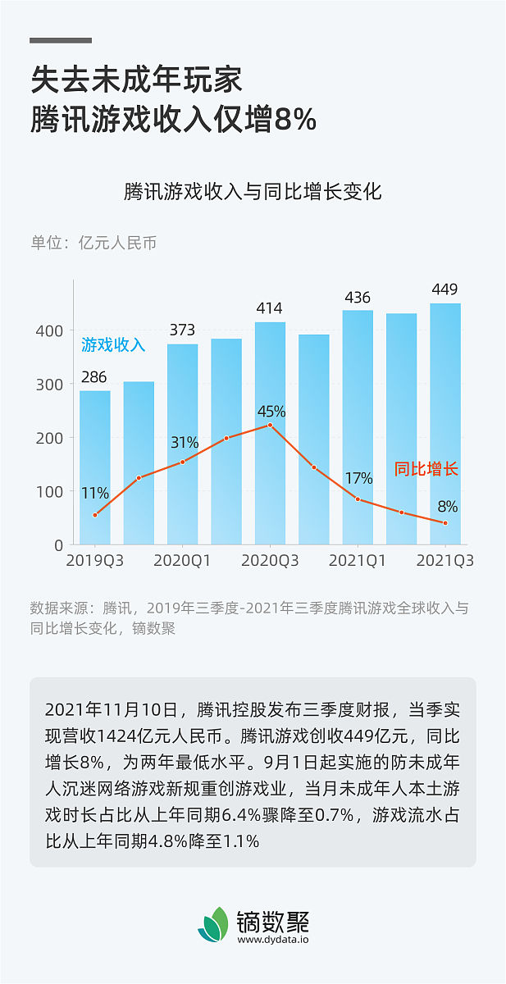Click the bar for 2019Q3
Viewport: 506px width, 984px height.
[x=95, y=467]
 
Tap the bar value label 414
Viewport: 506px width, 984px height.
[x=269, y=309]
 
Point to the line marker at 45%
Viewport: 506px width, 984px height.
[x=270, y=425]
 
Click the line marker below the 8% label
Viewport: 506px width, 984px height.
[x=445, y=523]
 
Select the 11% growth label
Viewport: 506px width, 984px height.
[x=95, y=494]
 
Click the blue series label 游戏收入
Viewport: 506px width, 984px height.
[x=113, y=345]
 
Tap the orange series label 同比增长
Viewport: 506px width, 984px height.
[x=426, y=470]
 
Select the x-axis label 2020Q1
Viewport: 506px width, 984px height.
[x=182, y=562]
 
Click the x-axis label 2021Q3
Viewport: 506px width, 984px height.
[x=445, y=562]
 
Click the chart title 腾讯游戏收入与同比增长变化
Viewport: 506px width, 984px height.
[x=253, y=193]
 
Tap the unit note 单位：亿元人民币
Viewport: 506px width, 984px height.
[x=93, y=243]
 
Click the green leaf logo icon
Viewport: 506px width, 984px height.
[x=215, y=925]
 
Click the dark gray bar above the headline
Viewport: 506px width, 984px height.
[x=61, y=40]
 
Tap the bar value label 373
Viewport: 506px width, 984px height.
[x=182, y=330]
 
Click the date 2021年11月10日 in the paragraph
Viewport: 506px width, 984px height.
[x=111, y=709]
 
